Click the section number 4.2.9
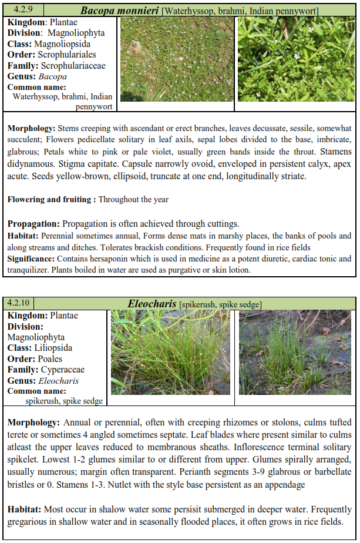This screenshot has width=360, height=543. [x=18, y=9]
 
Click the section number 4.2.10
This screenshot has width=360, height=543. [x=20, y=303]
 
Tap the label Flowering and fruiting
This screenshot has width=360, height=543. [x=51, y=199]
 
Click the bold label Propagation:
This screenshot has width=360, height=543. [x=33, y=224]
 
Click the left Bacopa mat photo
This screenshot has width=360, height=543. [x=176, y=59]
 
